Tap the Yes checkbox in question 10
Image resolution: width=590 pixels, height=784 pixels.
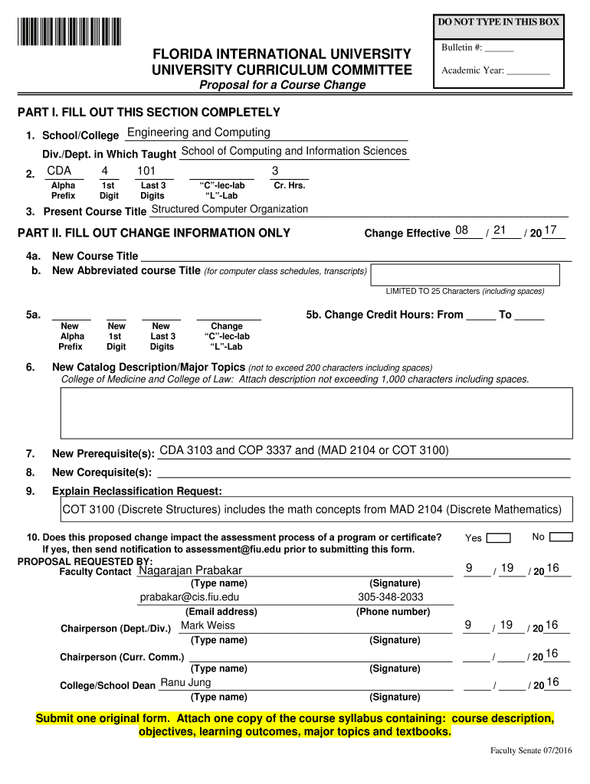click(499, 537)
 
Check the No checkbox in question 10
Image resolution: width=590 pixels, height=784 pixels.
click(561, 537)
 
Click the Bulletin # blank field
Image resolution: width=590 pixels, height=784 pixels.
click(499, 48)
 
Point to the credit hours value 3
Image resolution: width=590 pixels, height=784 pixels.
click(275, 170)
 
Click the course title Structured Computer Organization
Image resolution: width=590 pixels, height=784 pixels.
click(230, 209)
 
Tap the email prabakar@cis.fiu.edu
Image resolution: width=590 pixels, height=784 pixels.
click(189, 597)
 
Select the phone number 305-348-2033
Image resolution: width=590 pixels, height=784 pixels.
click(390, 597)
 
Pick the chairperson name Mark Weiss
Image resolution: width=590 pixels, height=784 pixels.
click(208, 626)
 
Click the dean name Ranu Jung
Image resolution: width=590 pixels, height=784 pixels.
click(185, 682)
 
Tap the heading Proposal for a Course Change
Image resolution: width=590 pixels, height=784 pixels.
click(283, 85)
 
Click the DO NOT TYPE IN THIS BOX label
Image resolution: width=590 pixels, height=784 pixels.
click(499, 22)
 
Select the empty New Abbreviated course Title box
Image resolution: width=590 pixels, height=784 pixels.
click(471, 273)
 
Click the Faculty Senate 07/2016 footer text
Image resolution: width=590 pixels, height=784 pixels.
click(531, 750)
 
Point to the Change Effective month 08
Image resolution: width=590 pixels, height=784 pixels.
click(461, 230)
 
